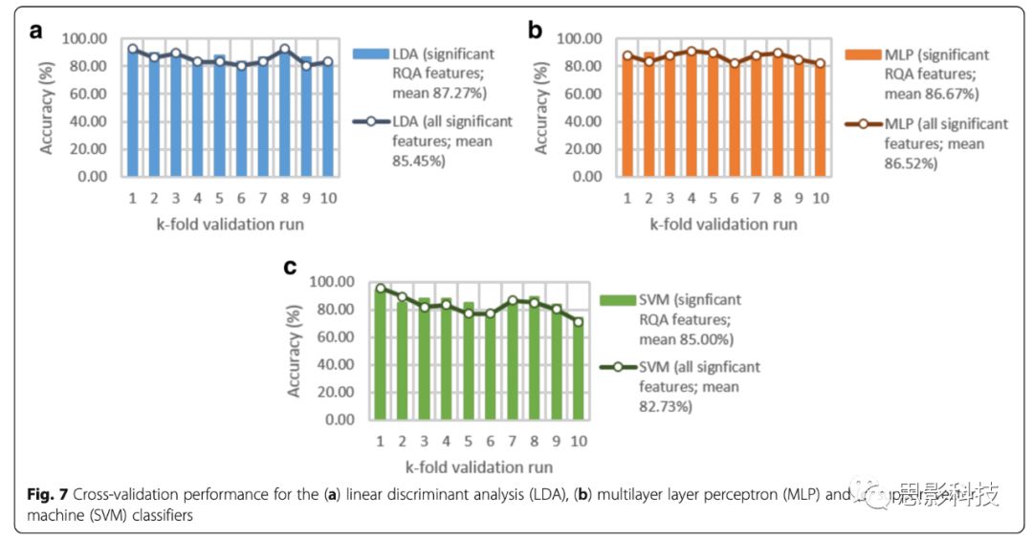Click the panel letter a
pyautogui.click(x=37, y=30)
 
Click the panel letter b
pyautogui.click(x=535, y=30)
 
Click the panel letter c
pyautogui.click(x=290, y=267)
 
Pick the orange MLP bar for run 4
pyautogui.click(x=689, y=113)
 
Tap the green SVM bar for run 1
pyautogui.click(x=381, y=354)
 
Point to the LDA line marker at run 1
pyautogui.click(x=133, y=49)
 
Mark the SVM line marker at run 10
pyautogui.click(x=577, y=321)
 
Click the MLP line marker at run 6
pyautogui.click(x=734, y=63)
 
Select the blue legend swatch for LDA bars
pyautogui.click(x=369, y=55)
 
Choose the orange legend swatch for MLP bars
pyautogui.click(x=865, y=55)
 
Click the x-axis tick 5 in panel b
pyautogui.click(x=712, y=198)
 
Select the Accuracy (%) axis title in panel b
pyautogui.click(x=542, y=107)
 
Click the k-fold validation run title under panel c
pyautogui.click(x=478, y=466)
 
